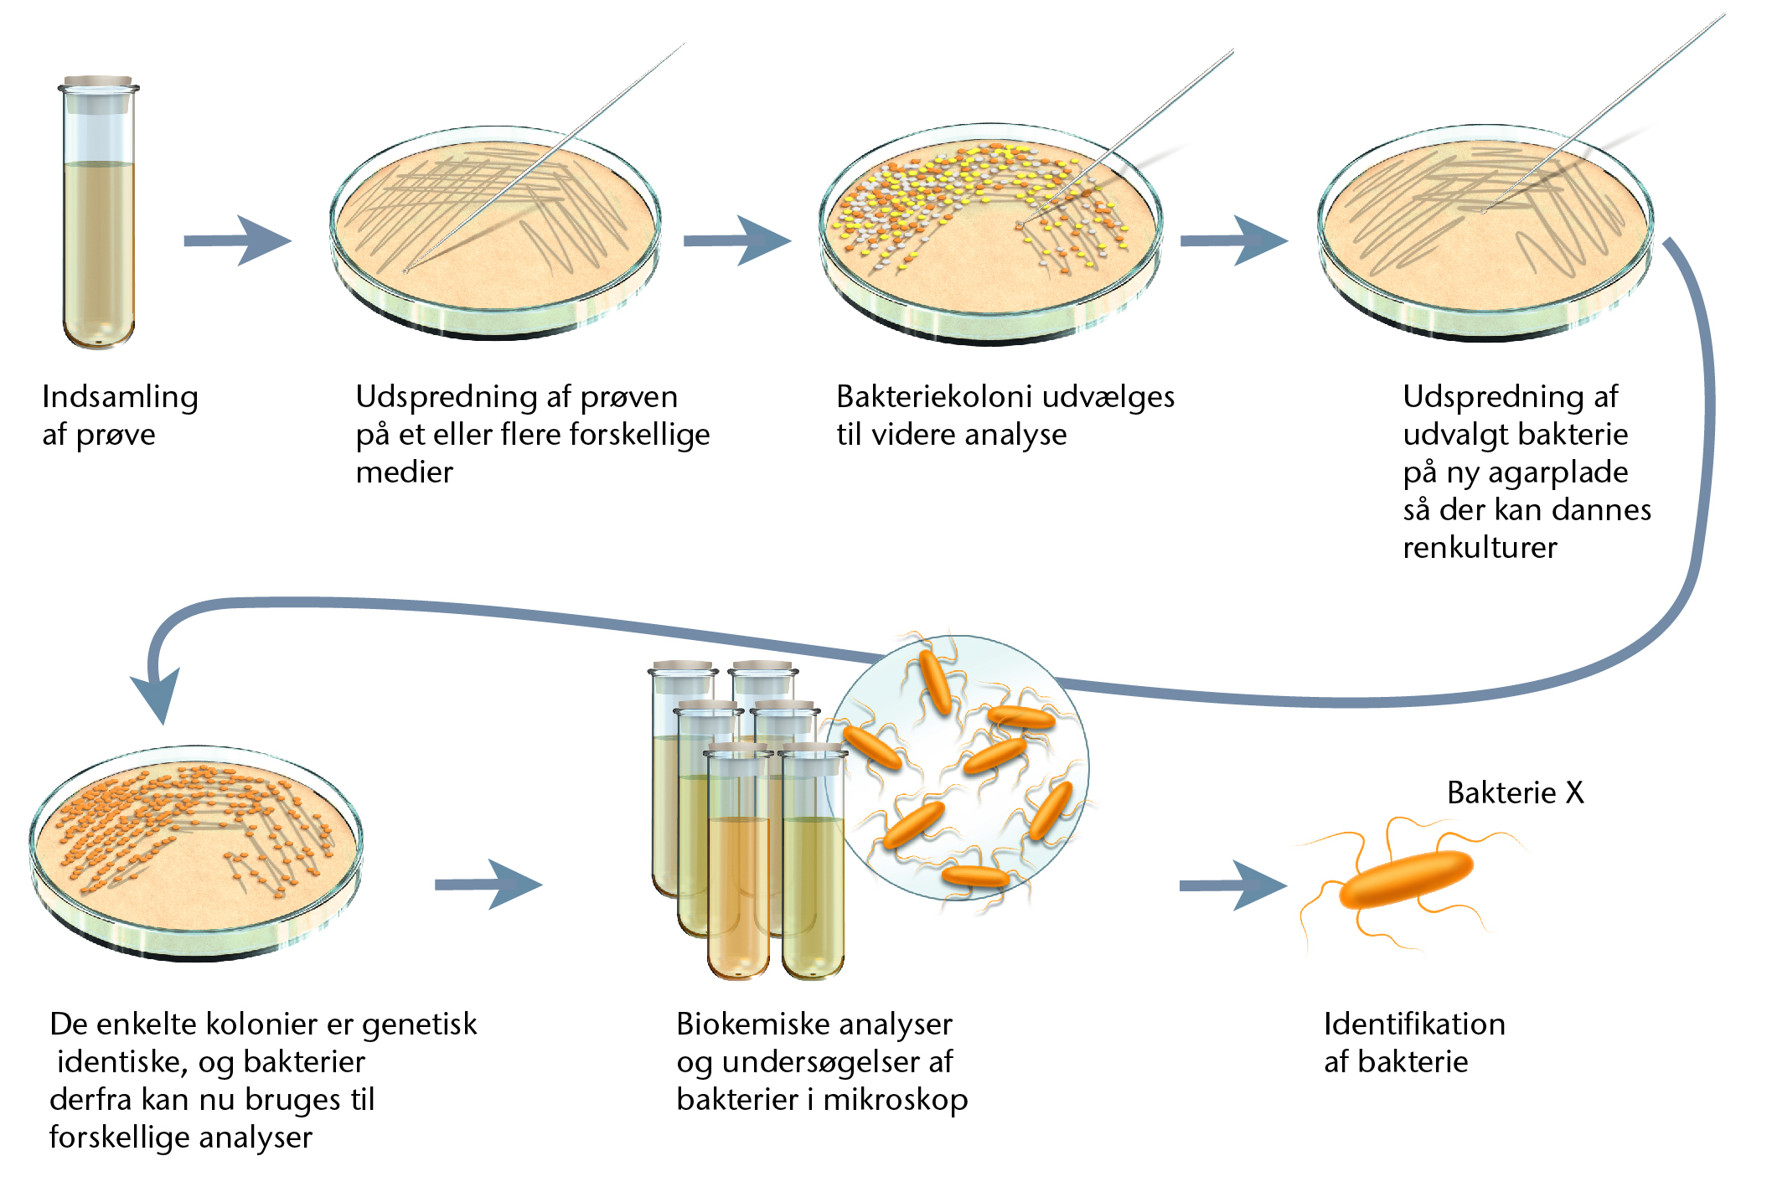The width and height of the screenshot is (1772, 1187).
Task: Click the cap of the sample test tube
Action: [98, 82]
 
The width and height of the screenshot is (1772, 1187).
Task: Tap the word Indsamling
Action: [120, 397]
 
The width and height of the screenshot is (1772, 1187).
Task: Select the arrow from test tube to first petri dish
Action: [237, 241]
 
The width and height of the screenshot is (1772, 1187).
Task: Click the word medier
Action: [404, 472]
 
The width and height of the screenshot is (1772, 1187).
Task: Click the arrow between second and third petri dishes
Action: [737, 241]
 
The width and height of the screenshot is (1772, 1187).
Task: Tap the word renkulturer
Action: [1480, 548]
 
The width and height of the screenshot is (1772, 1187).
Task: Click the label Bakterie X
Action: [1516, 792]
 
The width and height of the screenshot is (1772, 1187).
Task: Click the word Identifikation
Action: [1414, 1024]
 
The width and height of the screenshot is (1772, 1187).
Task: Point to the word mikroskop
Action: [896, 1100]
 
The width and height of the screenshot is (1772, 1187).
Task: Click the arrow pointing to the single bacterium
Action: [1233, 885]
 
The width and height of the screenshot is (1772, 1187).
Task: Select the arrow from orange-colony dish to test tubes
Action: [488, 885]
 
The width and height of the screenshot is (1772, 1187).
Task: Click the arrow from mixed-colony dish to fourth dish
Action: [1234, 241]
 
